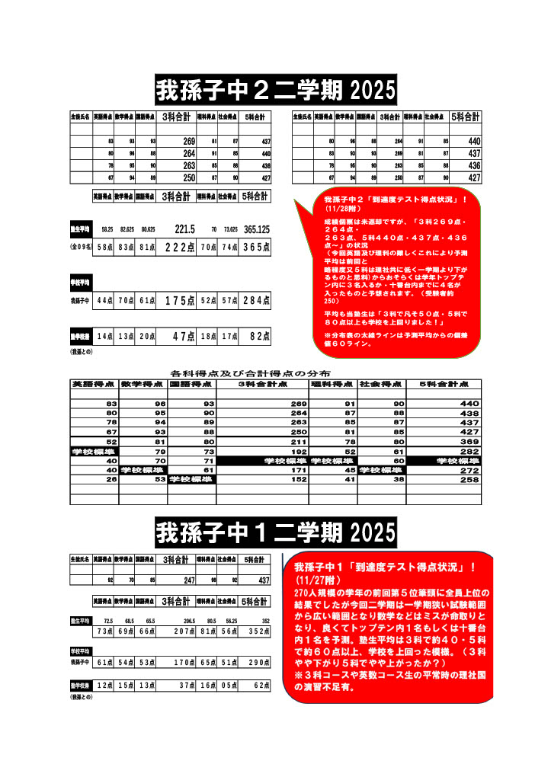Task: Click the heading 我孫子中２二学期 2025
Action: coord(276,90)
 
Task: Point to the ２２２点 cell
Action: coord(180,247)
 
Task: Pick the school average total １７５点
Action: coord(180,301)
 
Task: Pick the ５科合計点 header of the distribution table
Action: coord(444,384)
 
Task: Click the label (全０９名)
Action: coord(80,247)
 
